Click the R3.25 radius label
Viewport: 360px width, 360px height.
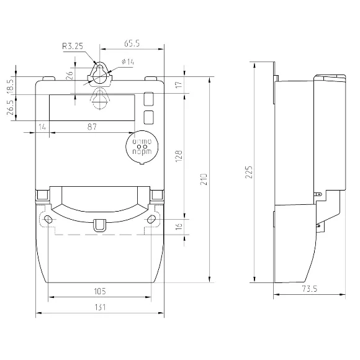73,45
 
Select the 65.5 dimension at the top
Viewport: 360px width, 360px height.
131,43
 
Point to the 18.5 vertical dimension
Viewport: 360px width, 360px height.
10,84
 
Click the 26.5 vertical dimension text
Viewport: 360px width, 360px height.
10,108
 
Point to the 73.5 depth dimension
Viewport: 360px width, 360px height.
310,289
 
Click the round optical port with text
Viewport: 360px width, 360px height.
142,147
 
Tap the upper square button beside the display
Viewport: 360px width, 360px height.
149,99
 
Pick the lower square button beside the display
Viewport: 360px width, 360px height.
149,117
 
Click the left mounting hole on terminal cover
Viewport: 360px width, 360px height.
48,220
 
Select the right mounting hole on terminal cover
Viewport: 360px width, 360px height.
152,220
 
